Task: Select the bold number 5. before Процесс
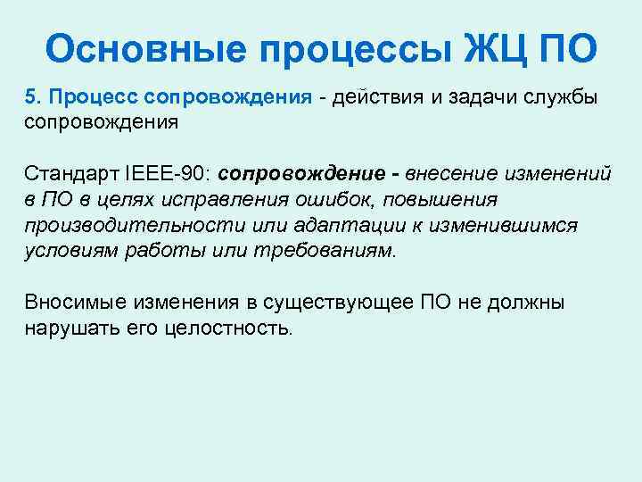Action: tap(32, 96)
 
